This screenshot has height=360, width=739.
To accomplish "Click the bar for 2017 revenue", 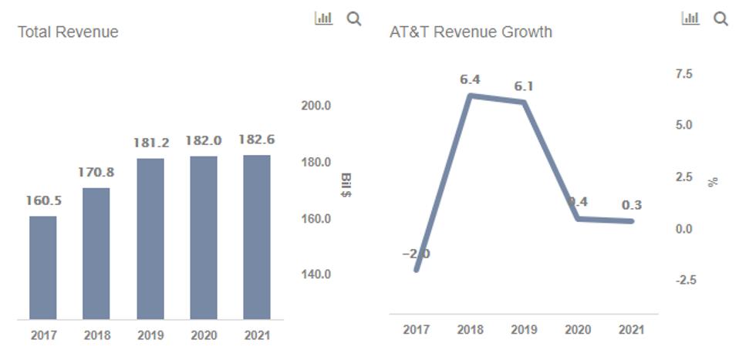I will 43,267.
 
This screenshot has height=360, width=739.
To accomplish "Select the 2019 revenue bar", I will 150,239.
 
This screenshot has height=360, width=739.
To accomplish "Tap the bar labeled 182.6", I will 256,237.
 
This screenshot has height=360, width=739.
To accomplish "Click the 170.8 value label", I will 96,172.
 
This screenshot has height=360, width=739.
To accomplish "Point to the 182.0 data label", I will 204,140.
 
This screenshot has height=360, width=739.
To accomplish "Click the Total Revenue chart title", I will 68,32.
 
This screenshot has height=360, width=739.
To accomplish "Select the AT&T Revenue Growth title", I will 471,32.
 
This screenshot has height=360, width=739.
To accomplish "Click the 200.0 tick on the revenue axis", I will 316,106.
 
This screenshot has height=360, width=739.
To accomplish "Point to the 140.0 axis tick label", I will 316,274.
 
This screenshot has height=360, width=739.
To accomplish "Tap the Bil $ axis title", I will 346,185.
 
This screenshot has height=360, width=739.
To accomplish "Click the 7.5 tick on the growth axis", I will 683,74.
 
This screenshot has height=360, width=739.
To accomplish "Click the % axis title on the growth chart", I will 714,182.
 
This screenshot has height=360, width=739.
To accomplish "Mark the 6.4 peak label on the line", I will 471,79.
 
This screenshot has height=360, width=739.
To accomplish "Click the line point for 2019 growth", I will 525,102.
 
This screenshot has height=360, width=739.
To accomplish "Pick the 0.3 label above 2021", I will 632,205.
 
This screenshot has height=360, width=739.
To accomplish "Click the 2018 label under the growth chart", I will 471,330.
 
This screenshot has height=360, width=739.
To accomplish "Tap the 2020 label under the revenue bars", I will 204,336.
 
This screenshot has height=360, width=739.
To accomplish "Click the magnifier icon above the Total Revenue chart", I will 354,19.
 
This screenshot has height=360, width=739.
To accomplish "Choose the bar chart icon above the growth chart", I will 690,18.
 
